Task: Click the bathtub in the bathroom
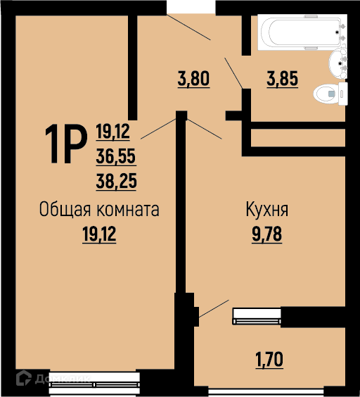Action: click(302, 32)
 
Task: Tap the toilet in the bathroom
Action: click(330, 94)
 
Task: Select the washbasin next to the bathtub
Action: click(338, 63)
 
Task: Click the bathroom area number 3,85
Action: click(283, 79)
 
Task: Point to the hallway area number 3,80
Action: click(193, 79)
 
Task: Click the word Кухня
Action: click(267, 210)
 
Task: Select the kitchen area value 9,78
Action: click(266, 234)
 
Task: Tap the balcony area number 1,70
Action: click(269, 360)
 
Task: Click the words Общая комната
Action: click(99, 210)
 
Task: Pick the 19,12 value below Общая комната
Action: click(99, 234)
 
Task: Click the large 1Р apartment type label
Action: click(66, 144)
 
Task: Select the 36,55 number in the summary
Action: click(116, 156)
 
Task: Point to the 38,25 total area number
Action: click(116, 181)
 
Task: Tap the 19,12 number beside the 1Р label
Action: click(112, 132)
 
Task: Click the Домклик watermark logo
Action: click(53, 379)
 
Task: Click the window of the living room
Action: click(94, 384)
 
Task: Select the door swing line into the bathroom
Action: click(233, 73)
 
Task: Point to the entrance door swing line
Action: click(188, 27)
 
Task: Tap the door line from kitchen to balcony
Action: click(214, 308)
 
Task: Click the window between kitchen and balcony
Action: click(257, 316)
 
